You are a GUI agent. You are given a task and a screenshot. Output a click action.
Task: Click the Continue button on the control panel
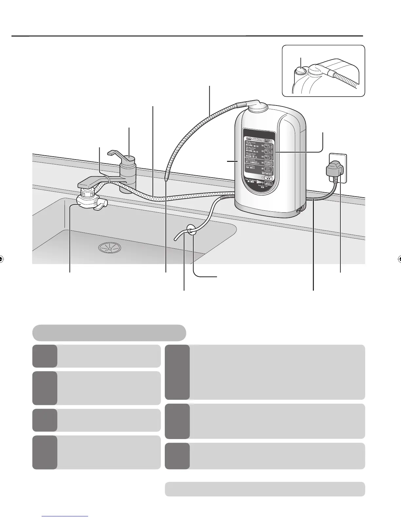tap(268, 177)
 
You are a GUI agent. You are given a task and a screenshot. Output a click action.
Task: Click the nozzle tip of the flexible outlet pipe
tap(166, 179)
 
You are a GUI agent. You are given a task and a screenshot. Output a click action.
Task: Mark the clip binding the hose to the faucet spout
tap(107, 179)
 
